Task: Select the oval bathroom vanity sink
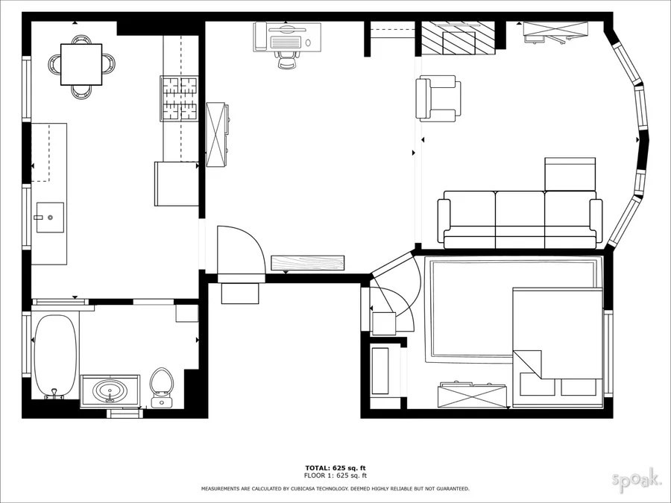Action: pos(110,390)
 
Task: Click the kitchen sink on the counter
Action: pos(49,218)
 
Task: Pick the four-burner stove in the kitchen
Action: pos(180,98)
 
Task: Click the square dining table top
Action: pos(81,64)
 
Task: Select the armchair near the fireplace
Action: pos(438,98)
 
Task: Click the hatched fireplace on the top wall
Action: pos(458,39)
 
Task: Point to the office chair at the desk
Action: pos(287,57)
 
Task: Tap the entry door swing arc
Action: pos(242,250)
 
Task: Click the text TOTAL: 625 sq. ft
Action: pos(335,468)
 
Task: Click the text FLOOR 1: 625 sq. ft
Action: pos(335,475)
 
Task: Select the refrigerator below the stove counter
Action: pos(176,183)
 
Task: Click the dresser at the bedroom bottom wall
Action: pos(472,396)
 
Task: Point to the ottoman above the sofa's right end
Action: pos(570,174)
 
